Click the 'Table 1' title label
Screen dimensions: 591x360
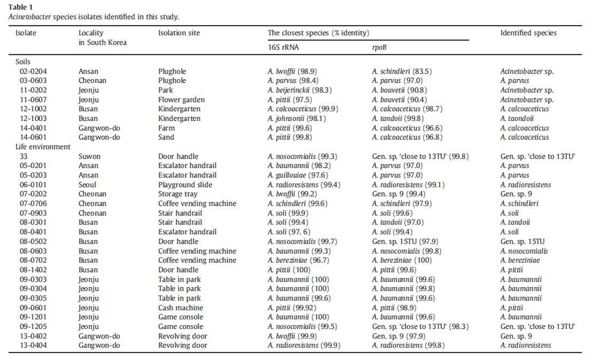20,7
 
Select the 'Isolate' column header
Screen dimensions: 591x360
26,33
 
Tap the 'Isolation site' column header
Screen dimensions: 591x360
179,33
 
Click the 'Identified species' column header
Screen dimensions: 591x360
528,33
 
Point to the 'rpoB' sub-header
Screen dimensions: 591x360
379,48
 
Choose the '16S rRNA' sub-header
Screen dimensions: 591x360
283,47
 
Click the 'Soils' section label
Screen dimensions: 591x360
22,62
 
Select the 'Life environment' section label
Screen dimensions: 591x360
43,147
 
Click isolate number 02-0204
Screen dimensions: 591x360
33,71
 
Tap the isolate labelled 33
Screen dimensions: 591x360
24,156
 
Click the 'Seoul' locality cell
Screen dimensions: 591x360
88,184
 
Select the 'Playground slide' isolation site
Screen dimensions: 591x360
185,184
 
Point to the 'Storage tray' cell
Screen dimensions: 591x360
177,194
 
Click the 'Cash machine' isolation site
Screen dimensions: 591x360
181,308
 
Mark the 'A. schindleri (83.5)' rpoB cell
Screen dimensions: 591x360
402,71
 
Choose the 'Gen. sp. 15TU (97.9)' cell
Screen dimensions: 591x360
405,241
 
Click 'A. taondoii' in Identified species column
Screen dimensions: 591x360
517,118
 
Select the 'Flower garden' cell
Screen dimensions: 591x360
181,100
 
